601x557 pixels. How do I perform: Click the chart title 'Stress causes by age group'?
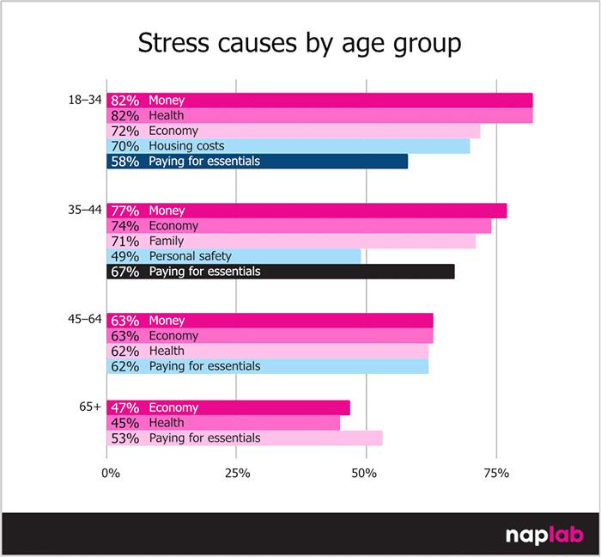coord(300,44)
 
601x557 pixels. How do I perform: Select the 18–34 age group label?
coord(85,101)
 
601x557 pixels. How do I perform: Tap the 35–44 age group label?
coord(85,211)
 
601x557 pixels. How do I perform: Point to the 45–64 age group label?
coord(85,320)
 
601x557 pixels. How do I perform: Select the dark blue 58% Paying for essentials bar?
coord(257,162)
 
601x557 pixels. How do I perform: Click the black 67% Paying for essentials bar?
coord(280,272)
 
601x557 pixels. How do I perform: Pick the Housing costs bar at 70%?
coord(288,146)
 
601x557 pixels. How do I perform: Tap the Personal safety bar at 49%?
coord(234,256)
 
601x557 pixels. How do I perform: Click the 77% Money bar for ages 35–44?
coord(306,211)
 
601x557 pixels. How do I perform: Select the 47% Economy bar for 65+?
coord(228,407)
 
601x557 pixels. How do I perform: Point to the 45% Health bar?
coord(222,423)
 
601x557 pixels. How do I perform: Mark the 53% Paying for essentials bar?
coord(244,438)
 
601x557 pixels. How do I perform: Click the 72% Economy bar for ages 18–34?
coord(293,131)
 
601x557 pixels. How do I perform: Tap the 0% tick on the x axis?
coord(110,473)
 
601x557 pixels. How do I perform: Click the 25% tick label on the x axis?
coord(237,473)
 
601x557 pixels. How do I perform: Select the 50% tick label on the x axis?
coord(367,473)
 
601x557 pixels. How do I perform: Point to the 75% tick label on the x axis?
coord(496,473)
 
